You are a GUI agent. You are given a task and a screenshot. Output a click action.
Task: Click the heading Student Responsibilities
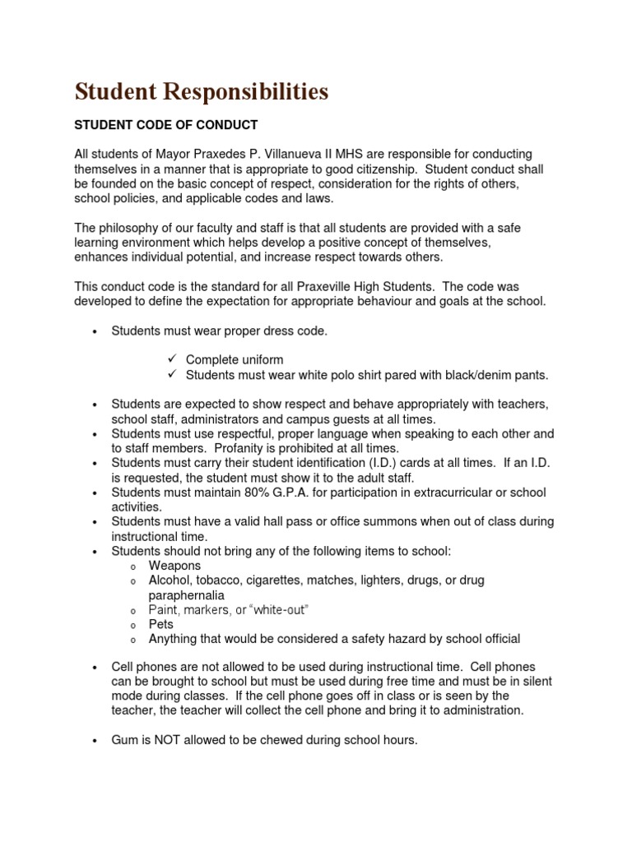point(202,92)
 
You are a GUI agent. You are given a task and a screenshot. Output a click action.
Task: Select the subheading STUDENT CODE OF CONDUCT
point(166,125)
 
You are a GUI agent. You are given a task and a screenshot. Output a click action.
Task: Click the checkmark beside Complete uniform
point(172,360)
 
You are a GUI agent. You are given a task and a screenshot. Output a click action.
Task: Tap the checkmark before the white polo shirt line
point(172,375)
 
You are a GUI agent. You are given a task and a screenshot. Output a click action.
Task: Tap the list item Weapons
point(174,566)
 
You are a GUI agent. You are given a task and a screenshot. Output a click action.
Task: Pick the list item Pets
point(161,624)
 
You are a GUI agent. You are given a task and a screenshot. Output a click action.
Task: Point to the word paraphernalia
point(186,594)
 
